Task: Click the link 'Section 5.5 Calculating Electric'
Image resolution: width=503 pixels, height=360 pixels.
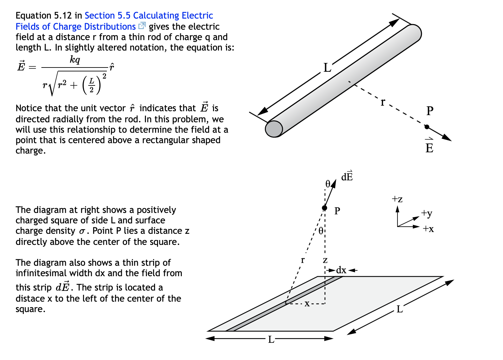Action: coord(149,16)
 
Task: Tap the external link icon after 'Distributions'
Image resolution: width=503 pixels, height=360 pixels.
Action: coord(142,26)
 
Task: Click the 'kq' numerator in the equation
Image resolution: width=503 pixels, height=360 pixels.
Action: coord(75,60)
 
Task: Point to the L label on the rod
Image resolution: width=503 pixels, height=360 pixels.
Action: coord(327,68)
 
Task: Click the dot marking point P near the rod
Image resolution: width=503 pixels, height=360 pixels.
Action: coord(427,127)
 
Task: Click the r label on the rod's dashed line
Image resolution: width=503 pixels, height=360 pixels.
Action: coord(383,102)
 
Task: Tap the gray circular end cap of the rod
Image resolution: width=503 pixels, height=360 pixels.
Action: coord(274,129)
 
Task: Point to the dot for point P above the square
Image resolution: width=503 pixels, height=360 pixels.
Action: coord(324,208)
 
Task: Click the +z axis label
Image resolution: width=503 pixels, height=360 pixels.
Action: coord(397,199)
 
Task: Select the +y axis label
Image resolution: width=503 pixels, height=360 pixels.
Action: coord(426,213)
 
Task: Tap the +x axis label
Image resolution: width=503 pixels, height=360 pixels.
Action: coord(428,229)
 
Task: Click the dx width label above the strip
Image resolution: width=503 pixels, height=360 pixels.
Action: coord(341,270)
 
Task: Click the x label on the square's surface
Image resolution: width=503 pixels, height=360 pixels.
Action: coord(307,304)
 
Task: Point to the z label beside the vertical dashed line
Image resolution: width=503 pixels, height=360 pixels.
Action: coord(325,260)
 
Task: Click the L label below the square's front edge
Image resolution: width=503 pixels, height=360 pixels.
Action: coord(271,339)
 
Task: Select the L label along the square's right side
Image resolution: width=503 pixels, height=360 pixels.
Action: coord(400,309)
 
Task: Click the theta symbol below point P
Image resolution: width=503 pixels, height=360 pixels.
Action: coord(321,231)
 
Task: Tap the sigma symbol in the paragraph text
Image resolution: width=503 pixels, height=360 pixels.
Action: coord(82,231)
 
